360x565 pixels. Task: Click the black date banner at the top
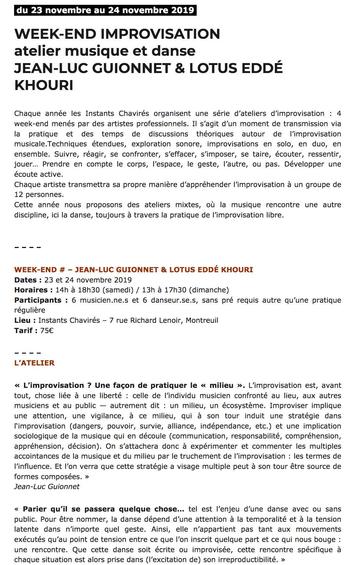[105, 10]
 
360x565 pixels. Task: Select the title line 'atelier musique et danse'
[105, 51]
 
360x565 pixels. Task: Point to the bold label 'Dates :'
[28, 280]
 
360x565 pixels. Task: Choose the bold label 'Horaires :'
[33, 290]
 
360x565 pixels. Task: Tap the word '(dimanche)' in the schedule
[209, 290]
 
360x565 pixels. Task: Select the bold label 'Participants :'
[41, 300]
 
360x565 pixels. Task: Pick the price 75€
[47, 331]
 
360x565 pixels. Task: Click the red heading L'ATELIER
[34, 363]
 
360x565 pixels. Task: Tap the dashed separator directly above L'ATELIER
[28, 353]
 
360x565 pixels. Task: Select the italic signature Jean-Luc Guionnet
[47, 487]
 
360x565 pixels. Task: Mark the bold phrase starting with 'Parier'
[103, 509]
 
